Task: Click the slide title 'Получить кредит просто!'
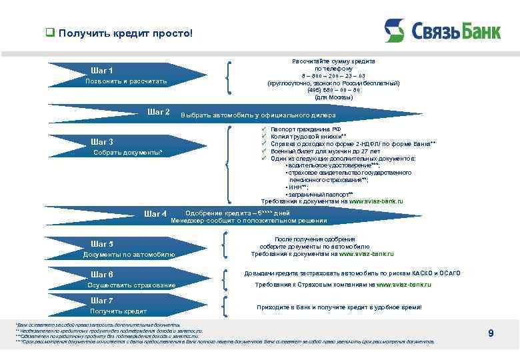[x=125, y=33]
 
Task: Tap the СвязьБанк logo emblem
[x=394, y=31]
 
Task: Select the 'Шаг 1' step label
[x=101, y=71]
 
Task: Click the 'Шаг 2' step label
[x=158, y=112]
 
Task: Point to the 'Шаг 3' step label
[x=101, y=141]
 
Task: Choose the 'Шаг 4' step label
[x=155, y=214]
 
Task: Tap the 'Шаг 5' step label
[x=101, y=244]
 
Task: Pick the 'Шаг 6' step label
[x=101, y=275]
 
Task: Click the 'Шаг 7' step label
[x=101, y=301]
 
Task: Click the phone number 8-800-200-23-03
[x=333, y=76]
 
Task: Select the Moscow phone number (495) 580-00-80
[x=333, y=90]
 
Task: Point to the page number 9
[x=491, y=333]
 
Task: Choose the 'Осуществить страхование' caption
[x=131, y=285]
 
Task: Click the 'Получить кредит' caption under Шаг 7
[x=118, y=311]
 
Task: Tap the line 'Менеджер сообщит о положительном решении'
[x=249, y=221]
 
